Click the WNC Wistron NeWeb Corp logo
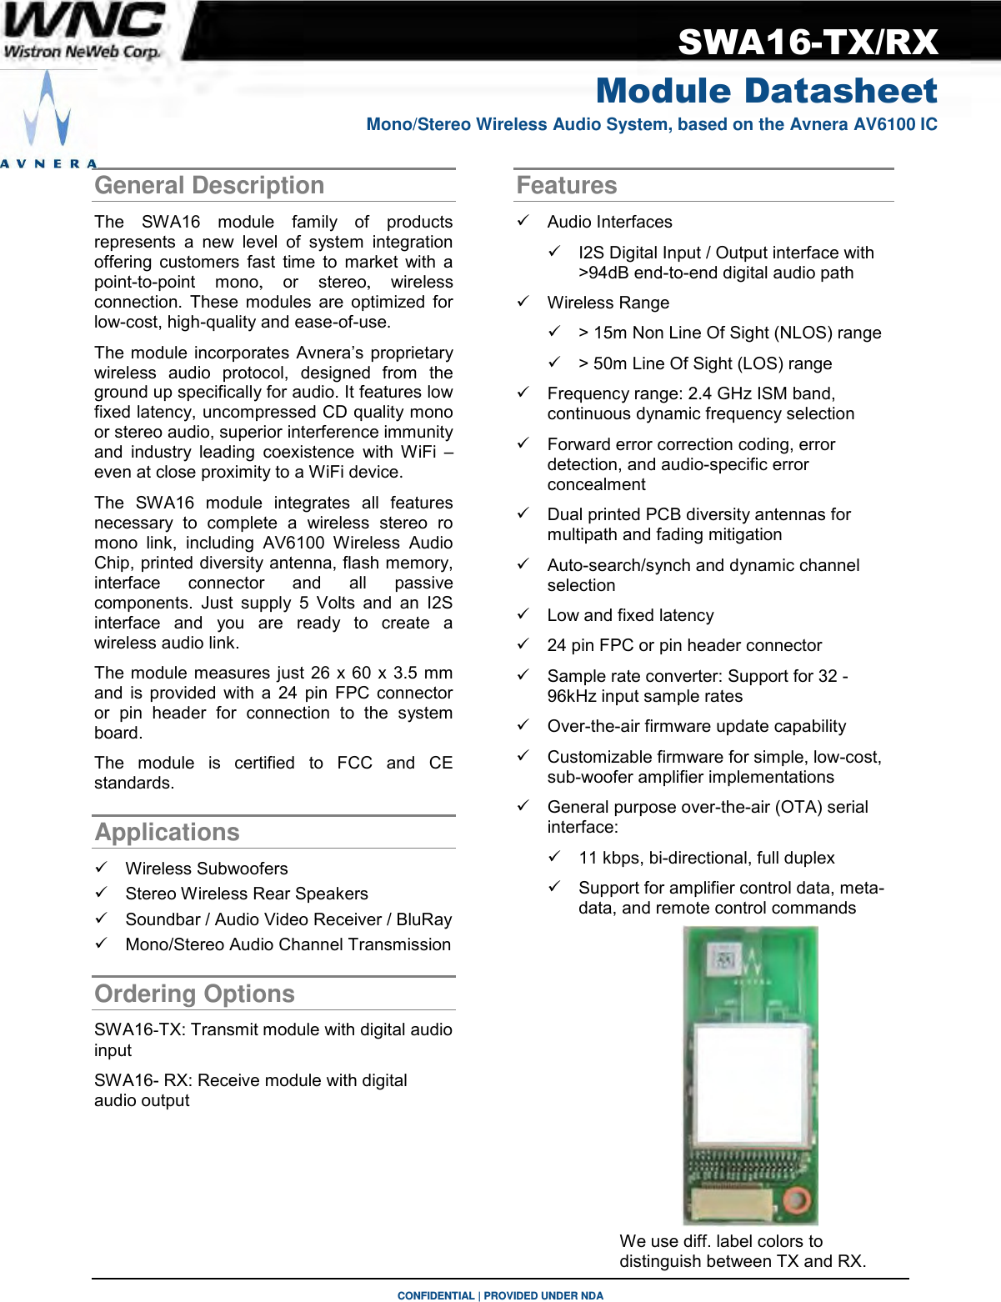tap(83, 32)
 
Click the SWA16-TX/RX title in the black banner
tap(808, 42)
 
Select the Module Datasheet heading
tap(766, 91)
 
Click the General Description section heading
tap(209, 185)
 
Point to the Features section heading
tap(567, 185)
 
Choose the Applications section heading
tap(167, 832)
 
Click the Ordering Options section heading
tap(194, 994)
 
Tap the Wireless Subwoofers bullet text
tap(206, 869)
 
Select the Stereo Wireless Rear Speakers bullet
tap(246, 894)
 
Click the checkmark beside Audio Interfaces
tap(523, 220)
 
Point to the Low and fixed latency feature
tap(630, 615)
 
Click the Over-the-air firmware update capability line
tap(696, 726)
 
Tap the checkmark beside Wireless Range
tap(523, 301)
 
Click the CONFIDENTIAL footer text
tap(435, 1295)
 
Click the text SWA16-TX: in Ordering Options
tap(139, 1029)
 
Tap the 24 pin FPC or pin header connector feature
tap(684, 645)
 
